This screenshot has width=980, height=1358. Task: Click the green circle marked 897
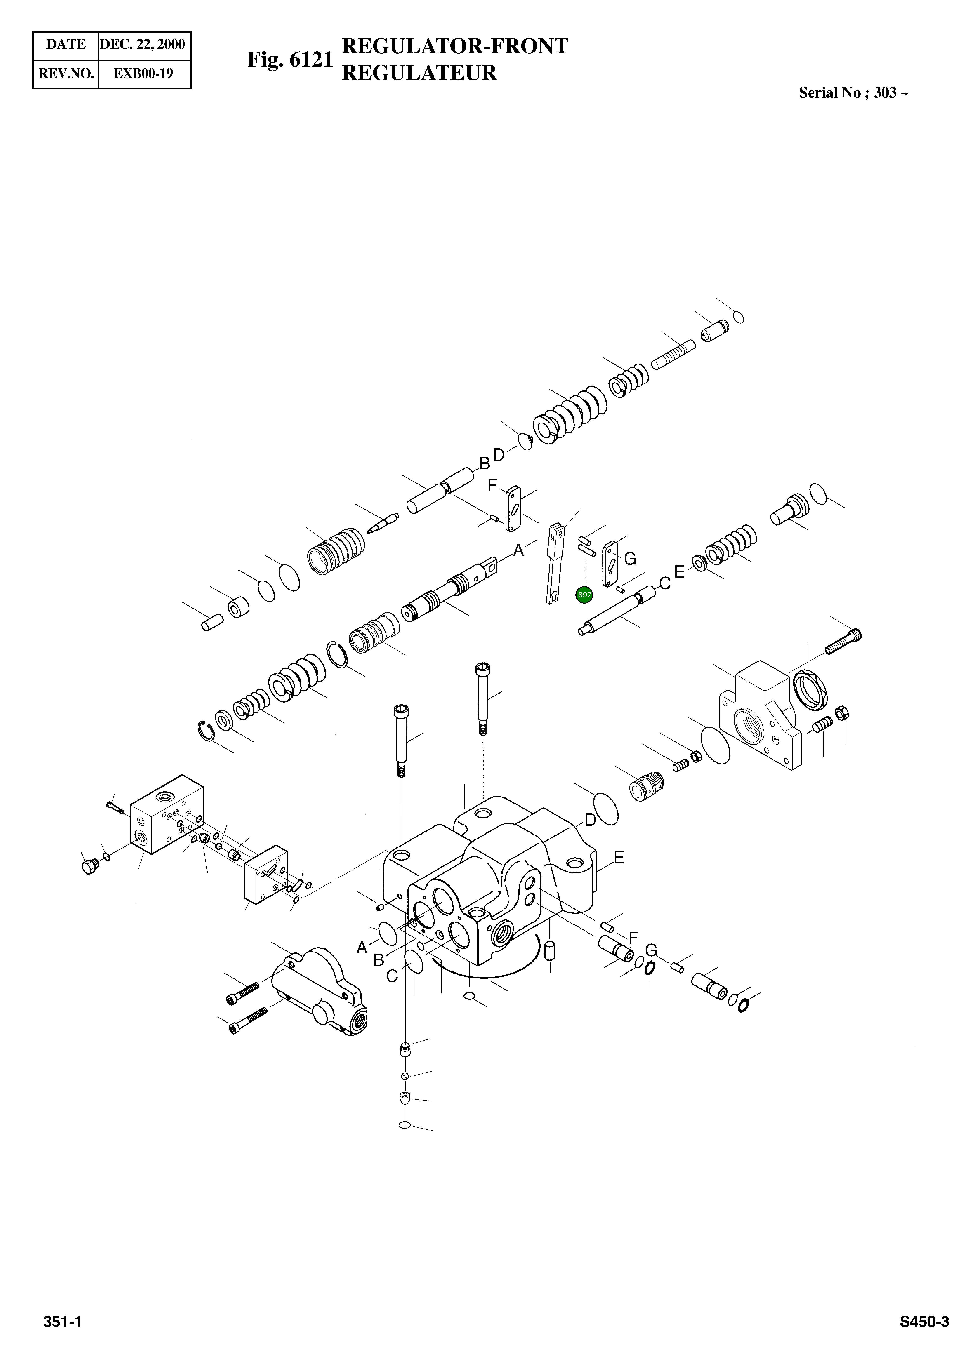[584, 595]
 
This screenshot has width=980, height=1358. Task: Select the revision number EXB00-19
[144, 74]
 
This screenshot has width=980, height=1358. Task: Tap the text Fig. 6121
[290, 60]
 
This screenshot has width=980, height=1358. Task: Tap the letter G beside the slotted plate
[630, 559]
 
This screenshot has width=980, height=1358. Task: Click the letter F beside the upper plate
[492, 486]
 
